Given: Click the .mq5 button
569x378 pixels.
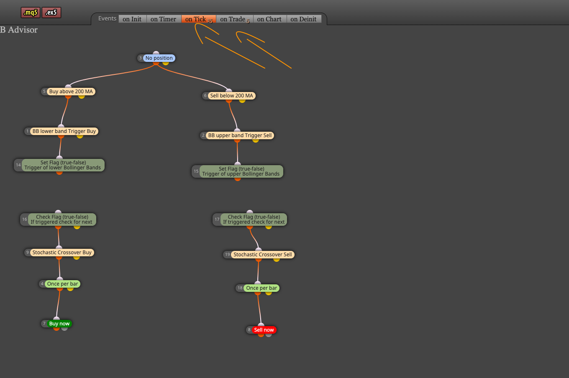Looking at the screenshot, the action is pos(31,13).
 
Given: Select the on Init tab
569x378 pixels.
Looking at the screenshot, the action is pos(132,19).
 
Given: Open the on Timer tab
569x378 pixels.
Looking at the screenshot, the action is pos(163,19).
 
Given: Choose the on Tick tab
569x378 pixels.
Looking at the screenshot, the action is pos(199,19).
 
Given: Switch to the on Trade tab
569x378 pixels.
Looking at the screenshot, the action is pos(235,19).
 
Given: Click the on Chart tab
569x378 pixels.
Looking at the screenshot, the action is pos(269,19).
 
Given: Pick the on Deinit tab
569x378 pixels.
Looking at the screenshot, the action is pos(304,19).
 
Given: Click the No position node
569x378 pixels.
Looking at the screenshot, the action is pos(159,58).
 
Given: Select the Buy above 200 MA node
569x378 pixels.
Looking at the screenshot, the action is pos(71,92).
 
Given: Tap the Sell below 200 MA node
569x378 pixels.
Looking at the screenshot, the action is pos(231,96).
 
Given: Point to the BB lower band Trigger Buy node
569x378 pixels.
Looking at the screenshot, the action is pos(64,131).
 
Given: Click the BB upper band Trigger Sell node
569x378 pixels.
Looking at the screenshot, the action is pos(240,135).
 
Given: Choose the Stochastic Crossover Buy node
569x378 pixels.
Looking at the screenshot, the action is pos(62,252).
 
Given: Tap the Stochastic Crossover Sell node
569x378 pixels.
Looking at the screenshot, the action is pos(263,255).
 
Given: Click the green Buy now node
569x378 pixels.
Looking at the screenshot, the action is pos(59,324).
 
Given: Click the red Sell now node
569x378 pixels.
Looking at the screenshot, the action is pos(264,330).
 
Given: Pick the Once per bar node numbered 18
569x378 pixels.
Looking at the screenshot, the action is pos(261,288).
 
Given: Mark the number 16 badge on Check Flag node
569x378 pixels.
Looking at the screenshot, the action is pos(25,220).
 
